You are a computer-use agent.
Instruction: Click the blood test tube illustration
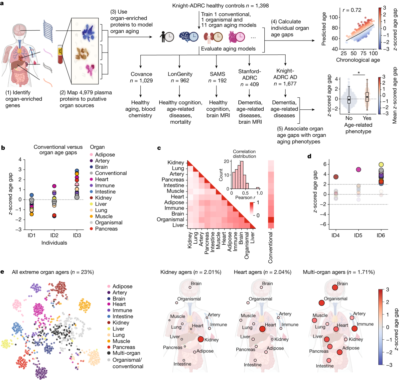(x=60, y=54)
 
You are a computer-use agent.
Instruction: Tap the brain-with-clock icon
(x=189, y=37)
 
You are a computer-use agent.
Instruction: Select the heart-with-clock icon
(x=236, y=37)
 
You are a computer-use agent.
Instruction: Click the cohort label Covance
(x=141, y=74)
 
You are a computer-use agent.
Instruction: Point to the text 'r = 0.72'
(x=352, y=10)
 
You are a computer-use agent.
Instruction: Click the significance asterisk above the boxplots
(x=359, y=73)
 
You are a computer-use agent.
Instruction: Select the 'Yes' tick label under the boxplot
(x=367, y=118)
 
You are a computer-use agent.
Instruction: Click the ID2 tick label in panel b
(x=54, y=235)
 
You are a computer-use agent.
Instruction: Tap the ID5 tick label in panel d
(x=358, y=235)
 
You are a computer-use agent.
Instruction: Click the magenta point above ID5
(x=358, y=170)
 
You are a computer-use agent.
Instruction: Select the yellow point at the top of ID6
(x=381, y=165)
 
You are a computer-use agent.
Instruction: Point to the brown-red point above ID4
(x=336, y=177)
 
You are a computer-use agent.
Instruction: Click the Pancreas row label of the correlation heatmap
(x=173, y=180)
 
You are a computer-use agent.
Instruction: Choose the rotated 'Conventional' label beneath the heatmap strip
(x=270, y=248)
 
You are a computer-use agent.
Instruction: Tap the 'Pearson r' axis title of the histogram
(x=245, y=197)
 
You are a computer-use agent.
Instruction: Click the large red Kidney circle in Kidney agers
(x=200, y=339)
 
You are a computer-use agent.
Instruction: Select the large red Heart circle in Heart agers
(x=262, y=329)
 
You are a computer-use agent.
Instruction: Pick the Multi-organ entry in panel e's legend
(x=124, y=353)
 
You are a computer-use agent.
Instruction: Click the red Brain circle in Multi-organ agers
(x=335, y=287)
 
